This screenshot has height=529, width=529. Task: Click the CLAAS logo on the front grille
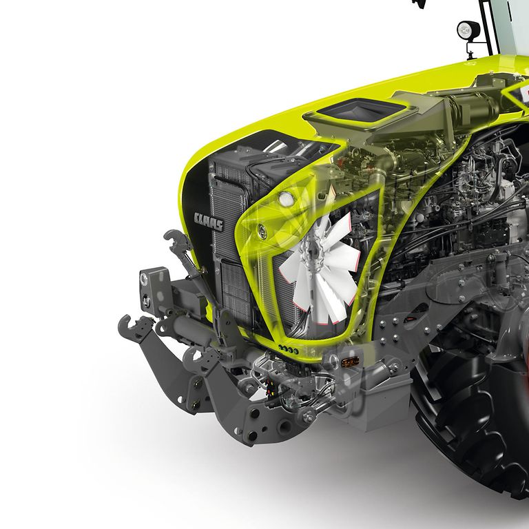(209, 222)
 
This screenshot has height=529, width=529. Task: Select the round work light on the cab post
(468, 30)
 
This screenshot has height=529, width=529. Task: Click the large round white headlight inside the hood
(286, 198)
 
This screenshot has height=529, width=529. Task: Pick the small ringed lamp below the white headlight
(262, 231)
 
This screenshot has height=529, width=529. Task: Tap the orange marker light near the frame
(349, 363)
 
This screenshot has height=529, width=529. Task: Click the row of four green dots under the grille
(288, 349)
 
